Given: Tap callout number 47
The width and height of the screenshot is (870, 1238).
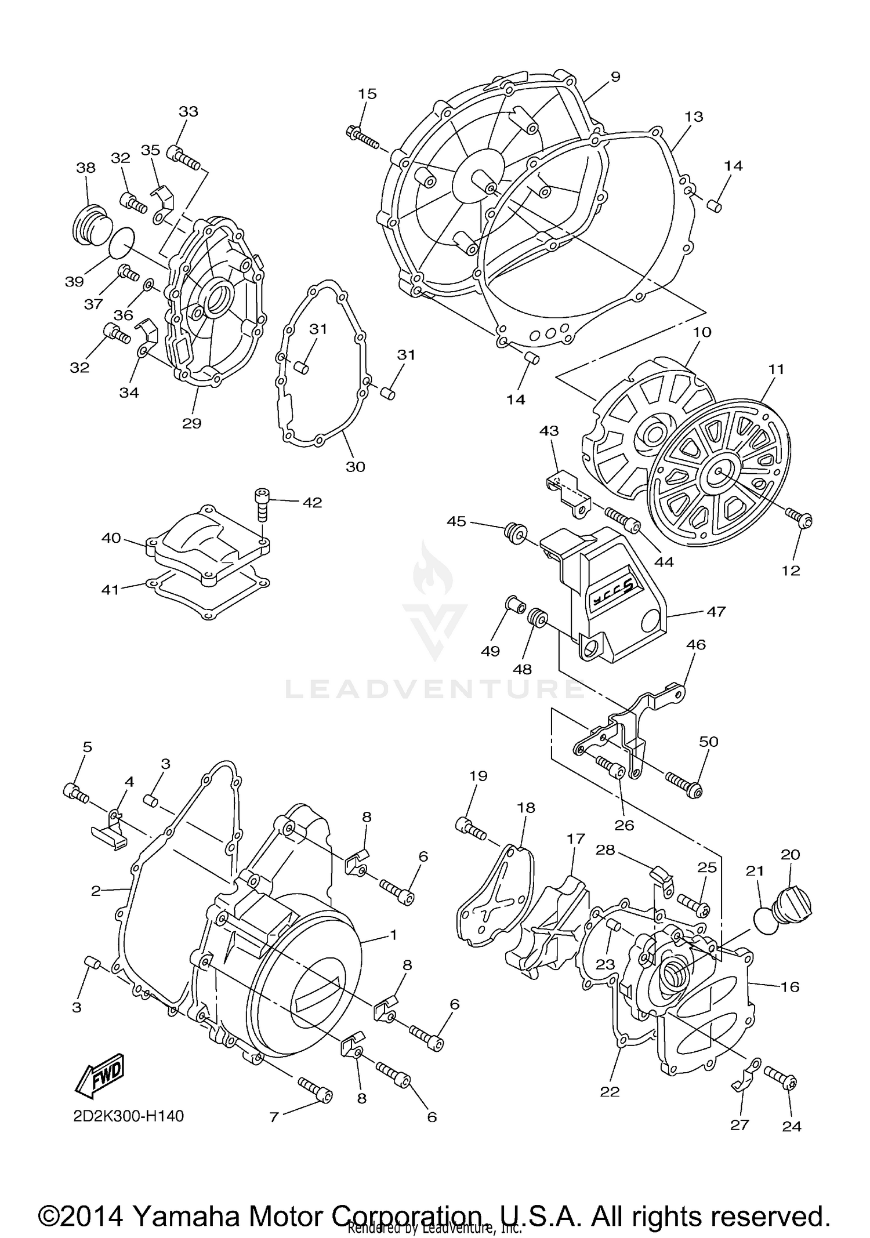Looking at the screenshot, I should pyautogui.click(x=716, y=611).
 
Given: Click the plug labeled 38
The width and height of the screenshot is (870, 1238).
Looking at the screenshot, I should pyautogui.click(x=90, y=222).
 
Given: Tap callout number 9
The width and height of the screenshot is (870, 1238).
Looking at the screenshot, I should pyautogui.click(x=615, y=77).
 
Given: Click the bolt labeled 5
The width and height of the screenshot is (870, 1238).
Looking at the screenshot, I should pyautogui.click(x=75, y=793).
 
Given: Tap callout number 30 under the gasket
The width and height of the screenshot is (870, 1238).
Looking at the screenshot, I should pyautogui.click(x=355, y=466).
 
